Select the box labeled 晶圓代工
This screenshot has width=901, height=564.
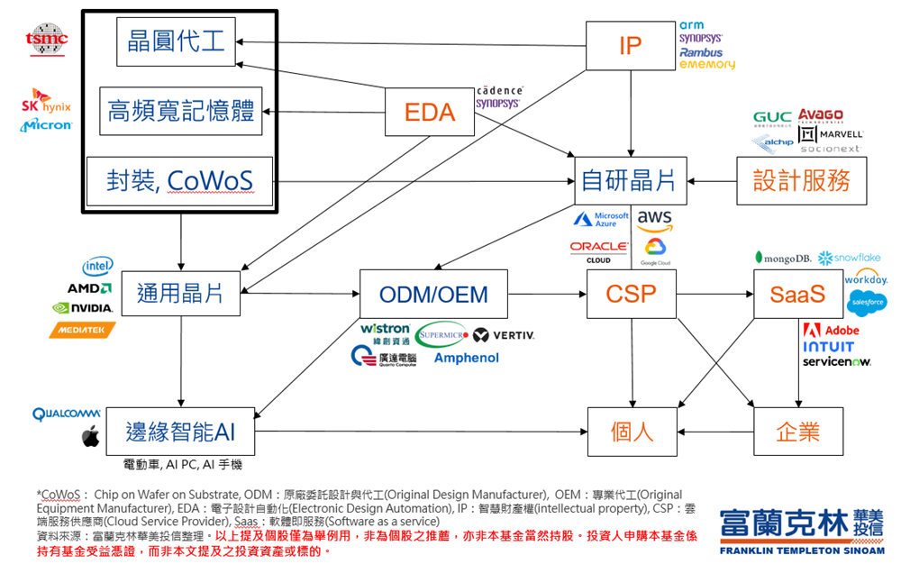177,42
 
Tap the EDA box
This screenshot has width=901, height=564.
430,112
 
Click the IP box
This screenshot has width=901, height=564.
630,45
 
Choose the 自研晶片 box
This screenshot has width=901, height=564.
630,180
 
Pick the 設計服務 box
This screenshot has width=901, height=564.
802,180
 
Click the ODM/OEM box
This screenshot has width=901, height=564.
433,294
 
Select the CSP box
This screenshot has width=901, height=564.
631,294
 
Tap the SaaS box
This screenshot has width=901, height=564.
797,294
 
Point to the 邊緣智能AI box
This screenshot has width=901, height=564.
180,432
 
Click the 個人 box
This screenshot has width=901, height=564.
631,432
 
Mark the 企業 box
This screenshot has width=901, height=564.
797,432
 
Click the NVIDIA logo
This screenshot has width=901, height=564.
82,308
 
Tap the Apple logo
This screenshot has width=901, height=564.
90,438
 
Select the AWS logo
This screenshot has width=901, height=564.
655,219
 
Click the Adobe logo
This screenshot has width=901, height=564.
831,330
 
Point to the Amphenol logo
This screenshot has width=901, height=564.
466,358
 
